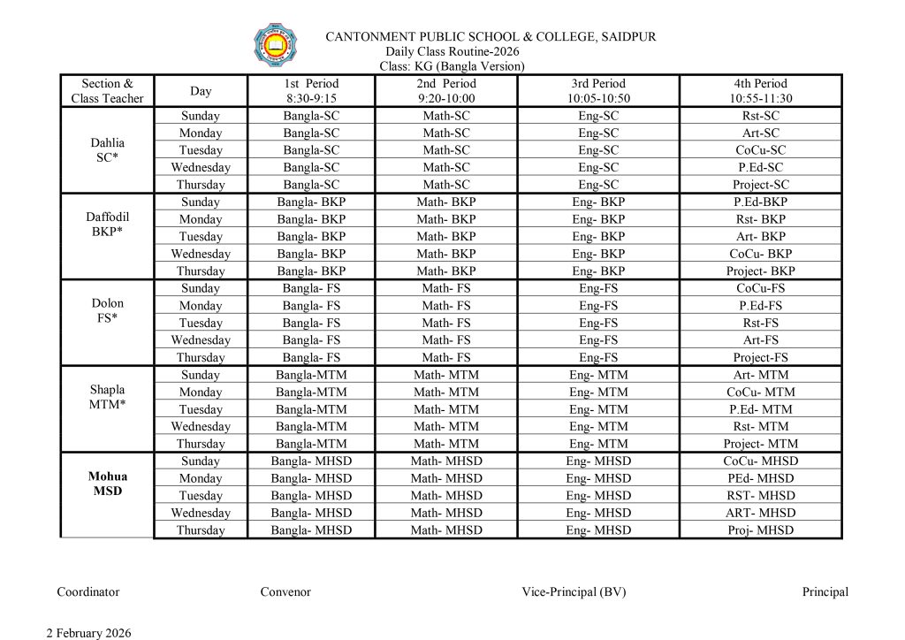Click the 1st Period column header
[311, 91]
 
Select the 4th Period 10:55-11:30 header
[761, 91]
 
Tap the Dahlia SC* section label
[108, 150]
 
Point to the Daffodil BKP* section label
[108, 225]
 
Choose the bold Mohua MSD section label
[108, 484]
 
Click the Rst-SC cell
[761, 116]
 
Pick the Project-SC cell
[761, 185]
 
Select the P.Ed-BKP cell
[761, 202]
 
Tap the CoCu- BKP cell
[761, 254]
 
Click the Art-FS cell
[761, 339]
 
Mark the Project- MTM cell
[761, 444]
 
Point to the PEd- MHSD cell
[761, 478]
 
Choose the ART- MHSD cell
[761, 513]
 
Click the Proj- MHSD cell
[761, 530]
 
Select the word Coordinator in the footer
[88, 592]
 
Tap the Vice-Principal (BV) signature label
[574, 592]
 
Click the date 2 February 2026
[88, 633]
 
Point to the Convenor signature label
[285, 592]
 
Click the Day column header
[201, 91]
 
